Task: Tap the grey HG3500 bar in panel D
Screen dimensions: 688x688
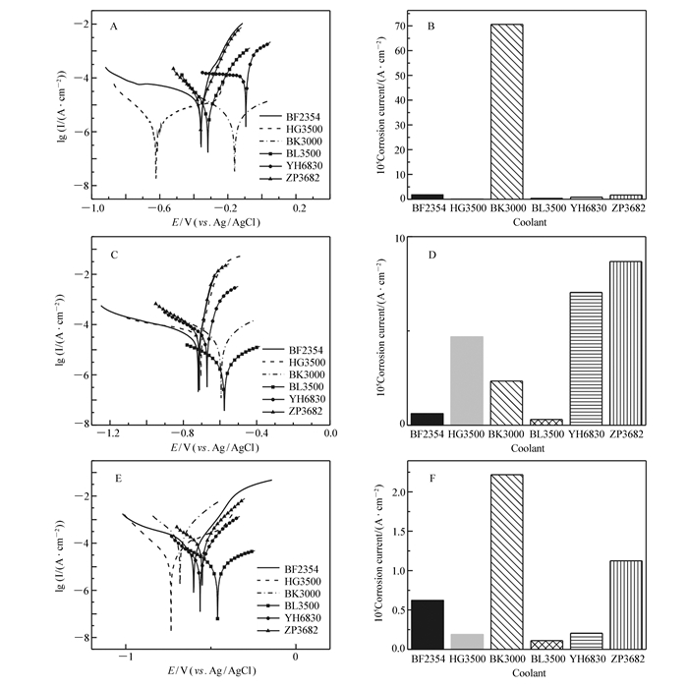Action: [x=468, y=379]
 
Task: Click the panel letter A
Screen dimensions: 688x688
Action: [x=115, y=28]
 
